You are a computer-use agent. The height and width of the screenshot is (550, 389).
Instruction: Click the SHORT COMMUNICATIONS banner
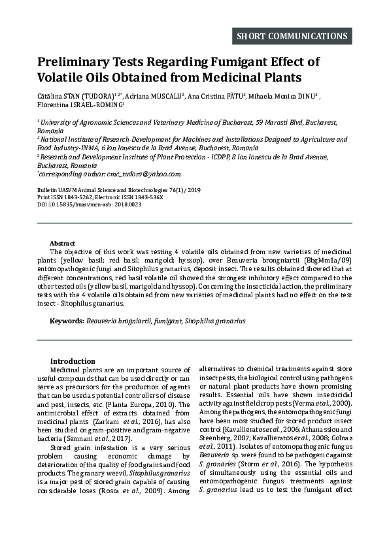pyautogui.click(x=292, y=36)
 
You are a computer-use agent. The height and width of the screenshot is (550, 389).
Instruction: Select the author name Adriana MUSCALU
pyautogui.click(x=156, y=96)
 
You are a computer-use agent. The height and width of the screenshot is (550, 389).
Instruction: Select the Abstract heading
pyautogui.click(x=62, y=242)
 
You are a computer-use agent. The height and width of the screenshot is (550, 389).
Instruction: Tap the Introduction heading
pyautogui.click(x=73, y=361)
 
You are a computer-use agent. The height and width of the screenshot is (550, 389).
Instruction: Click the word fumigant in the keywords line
pyautogui.click(x=166, y=321)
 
